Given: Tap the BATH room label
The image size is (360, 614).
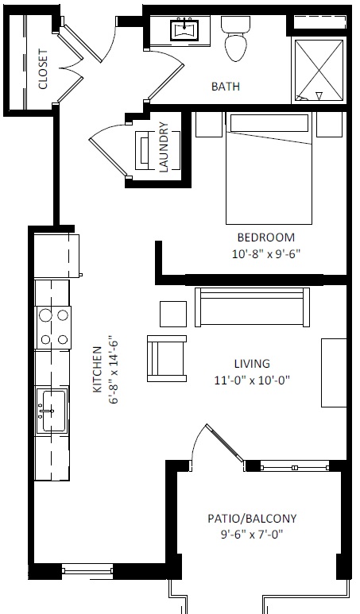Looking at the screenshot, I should click(225, 87).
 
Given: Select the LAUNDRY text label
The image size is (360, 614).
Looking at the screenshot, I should click(164, 146).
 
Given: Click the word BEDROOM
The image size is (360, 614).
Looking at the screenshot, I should click(265, 237).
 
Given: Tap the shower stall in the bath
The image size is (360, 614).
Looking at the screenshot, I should click(319, 70).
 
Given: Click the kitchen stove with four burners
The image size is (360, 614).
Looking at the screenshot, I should click(53, 327).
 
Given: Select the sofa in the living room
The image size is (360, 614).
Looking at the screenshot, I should click(250, 307).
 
